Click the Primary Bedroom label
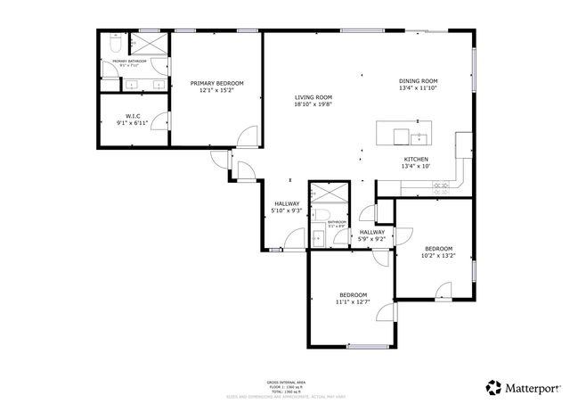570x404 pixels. pos(216,83)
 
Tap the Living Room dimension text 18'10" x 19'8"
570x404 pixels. pos(313,104)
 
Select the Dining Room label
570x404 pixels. pos(418,81)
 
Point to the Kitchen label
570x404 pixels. pos(416,159)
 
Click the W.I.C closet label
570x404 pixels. pos(133,116)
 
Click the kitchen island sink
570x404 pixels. pos(417,137)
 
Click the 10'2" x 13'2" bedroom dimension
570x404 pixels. pos(438,255)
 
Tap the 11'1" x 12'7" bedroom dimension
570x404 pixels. pos(353,301)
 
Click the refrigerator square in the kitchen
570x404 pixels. pos(464,143)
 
